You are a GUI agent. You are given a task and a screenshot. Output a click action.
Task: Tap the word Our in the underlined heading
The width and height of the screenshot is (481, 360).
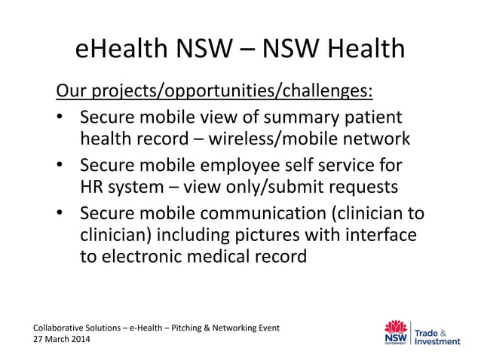[x=70, y=92]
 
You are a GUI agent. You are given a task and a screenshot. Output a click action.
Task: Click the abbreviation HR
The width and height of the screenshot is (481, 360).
[x=93, y=186]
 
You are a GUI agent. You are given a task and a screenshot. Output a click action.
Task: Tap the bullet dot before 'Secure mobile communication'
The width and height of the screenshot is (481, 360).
[x=60, y=212]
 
